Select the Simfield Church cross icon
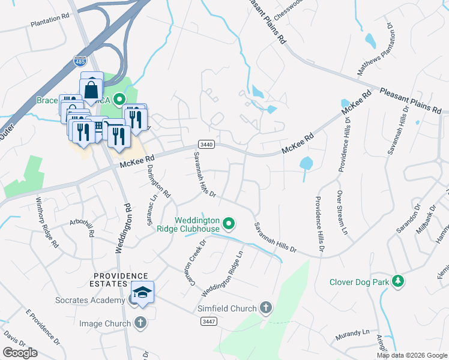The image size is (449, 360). (266, 308)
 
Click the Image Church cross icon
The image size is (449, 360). (140, 323)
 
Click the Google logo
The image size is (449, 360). (20, 353)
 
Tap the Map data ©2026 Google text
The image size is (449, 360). (411, 355)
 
